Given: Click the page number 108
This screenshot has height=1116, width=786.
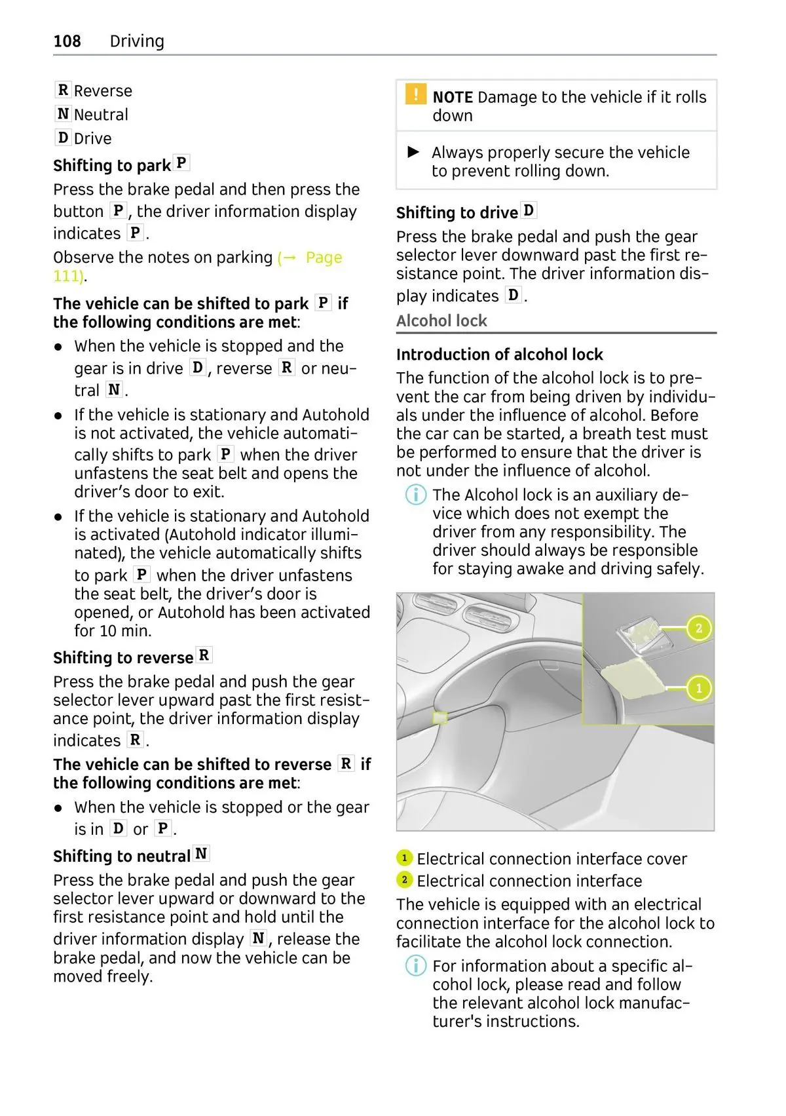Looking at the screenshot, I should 67,41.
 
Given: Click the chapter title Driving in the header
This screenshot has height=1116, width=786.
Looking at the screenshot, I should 137,41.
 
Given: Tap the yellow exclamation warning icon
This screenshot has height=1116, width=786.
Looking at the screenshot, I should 415,94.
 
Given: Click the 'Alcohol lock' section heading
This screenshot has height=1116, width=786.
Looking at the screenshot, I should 441,321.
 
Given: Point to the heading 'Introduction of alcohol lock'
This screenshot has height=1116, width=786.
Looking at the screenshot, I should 499,355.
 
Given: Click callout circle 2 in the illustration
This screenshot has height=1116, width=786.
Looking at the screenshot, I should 699,628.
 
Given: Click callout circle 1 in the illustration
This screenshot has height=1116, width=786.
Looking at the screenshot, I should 699,688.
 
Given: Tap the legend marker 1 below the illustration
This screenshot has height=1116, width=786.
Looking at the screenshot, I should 404,858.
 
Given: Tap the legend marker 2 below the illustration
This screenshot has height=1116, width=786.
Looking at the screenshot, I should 404,880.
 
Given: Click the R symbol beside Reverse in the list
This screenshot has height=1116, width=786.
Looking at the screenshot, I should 63,90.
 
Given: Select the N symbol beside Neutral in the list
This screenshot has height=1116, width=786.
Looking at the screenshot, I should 63,114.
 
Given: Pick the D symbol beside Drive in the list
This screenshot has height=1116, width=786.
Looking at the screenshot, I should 63,138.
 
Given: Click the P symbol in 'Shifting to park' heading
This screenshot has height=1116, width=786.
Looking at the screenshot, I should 181,163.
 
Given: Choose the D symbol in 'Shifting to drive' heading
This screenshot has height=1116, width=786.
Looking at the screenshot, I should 529,210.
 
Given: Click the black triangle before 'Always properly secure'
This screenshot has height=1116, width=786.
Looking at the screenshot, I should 413,152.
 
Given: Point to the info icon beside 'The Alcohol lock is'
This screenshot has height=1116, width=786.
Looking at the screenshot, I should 416,495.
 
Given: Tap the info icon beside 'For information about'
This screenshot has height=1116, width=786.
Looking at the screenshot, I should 416,965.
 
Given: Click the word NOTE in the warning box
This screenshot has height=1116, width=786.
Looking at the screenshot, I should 453,98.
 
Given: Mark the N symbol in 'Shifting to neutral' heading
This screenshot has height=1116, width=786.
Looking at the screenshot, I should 201,854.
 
